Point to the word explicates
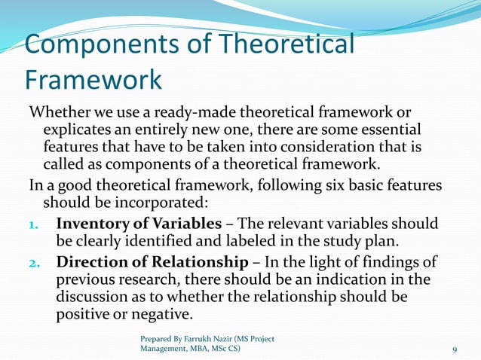[x=80, y=129]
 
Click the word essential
[x=391, y=129]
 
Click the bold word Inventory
[x=93, y=224]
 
